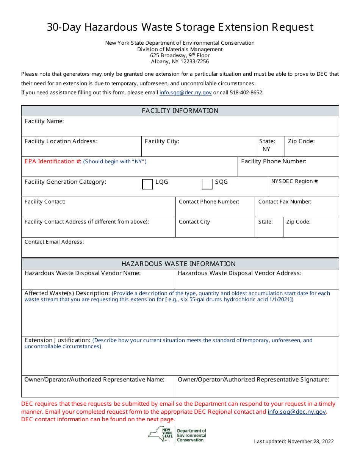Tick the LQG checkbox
click(x=147, y=184)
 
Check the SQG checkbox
click(x=207, y=184)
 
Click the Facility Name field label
click(x=44, y=121)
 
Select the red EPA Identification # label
click(x=53, y=161)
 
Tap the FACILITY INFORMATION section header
click(x=180, y=111)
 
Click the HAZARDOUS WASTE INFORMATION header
click(x=178, y=264)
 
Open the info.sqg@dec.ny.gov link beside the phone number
click(x=186, y=92)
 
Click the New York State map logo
click(x=160, y=435)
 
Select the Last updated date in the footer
click(x=294, y=441)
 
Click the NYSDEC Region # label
click(x=295, y=181)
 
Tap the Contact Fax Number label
click(x=285, y=202)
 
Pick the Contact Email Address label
click(x=54, y=242)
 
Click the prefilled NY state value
click(x=266, y=149)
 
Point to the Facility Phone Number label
click(x=274, y=161)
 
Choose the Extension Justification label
click(x=57, y=340)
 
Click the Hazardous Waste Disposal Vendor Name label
click(x=83, y=273)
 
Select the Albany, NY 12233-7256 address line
click(x=180, y=61)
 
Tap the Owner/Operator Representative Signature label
click(x=254, y=380)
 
